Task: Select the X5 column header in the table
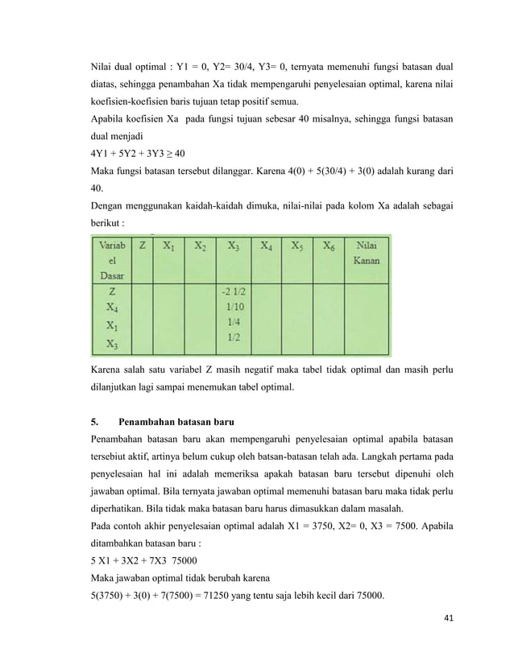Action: pos(297,246)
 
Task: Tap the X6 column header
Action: pos(329,246)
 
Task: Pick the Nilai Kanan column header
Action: pos(367,254)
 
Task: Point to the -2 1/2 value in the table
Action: pos(234,292)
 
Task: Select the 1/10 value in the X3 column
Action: pos(235,307)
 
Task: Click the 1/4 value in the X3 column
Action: pos(235,322)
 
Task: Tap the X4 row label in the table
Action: pos(113,307)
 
